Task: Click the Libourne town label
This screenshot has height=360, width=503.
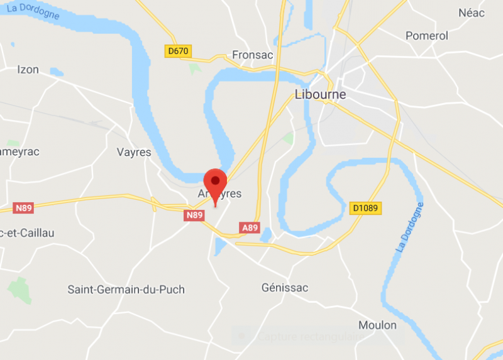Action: [320, 95]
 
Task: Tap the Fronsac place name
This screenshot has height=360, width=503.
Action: [253, 55]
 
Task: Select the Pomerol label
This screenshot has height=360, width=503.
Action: [427, 36]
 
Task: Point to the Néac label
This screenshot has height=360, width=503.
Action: [472, 13]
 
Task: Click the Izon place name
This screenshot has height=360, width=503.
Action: [28, 69]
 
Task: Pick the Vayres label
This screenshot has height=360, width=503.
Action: [134, 152]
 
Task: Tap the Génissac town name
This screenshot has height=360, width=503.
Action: [285, 288]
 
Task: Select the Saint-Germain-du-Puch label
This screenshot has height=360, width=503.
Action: [126, 290]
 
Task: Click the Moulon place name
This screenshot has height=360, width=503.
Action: [377, 325]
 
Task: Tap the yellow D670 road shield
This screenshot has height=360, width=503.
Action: [179, 50]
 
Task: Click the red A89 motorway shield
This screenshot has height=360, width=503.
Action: [250, 227]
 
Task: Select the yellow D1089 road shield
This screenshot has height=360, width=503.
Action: [365, 207]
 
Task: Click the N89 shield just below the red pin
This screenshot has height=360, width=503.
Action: [194, 215]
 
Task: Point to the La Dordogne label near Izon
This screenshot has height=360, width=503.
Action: [38, 11]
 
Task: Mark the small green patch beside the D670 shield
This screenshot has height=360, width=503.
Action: [195, 67]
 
